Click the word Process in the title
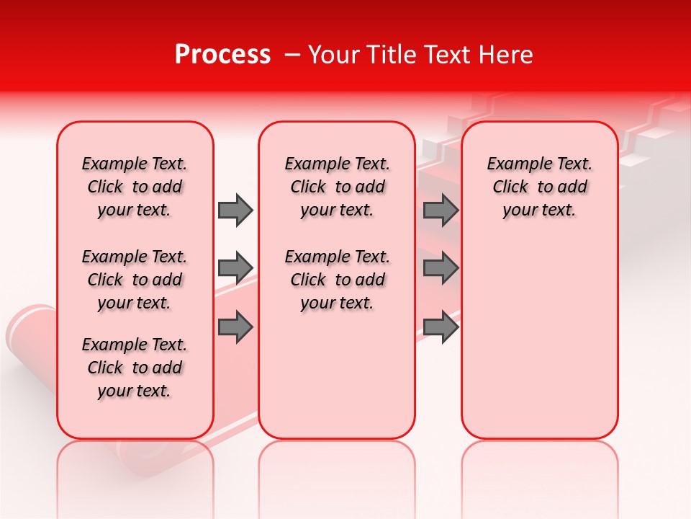pos(222,55)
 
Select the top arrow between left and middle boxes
pos(235,210)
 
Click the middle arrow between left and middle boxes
pos(235,268)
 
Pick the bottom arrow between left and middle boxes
pos(235,327)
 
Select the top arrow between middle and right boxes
pos(441,210)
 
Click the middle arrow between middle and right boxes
pos(441,268)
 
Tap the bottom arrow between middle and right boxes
pos(441,327)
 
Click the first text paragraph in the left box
pos(135,187)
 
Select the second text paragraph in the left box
pos(135,280)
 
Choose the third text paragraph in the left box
pos(135,368)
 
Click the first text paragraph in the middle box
pos(337,187)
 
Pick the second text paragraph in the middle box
pos(337,280)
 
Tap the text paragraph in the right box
pos(539,187)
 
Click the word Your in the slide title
pos(330,55)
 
